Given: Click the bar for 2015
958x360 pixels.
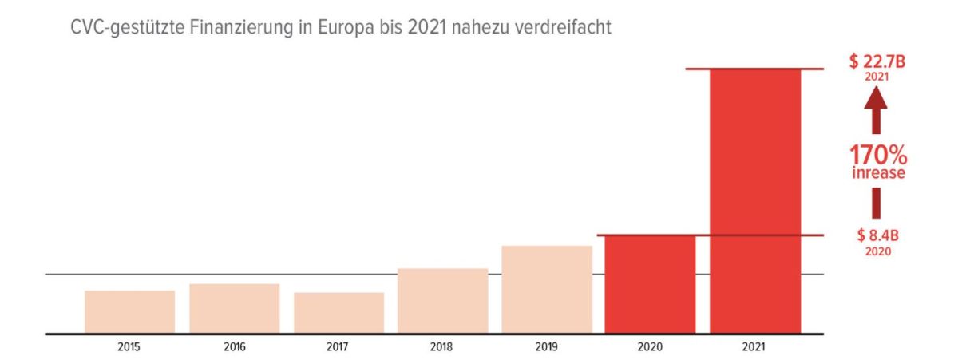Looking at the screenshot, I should tap(129, 312).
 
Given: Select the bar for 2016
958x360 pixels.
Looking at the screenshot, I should tap(234, 309).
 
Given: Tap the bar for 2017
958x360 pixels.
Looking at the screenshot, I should tap(338, 313).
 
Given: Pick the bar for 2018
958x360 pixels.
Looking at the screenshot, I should tap(442, 301).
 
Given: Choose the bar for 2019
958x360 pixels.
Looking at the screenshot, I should tap(547, 290).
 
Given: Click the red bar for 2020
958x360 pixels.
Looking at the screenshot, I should tap(650, 284).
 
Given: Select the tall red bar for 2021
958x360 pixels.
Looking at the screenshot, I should tap(755, 201).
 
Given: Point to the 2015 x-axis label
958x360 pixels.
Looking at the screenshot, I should tap(129, 347).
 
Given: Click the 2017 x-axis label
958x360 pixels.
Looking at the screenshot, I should tap(338, 347).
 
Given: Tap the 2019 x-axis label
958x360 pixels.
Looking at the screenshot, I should tap(547, 347).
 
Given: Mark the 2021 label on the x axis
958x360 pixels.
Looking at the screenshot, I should tap(754, 347).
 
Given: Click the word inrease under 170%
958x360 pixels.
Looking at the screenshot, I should tap(877, 173).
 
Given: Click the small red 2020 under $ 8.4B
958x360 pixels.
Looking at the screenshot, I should tap(877, 251).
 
